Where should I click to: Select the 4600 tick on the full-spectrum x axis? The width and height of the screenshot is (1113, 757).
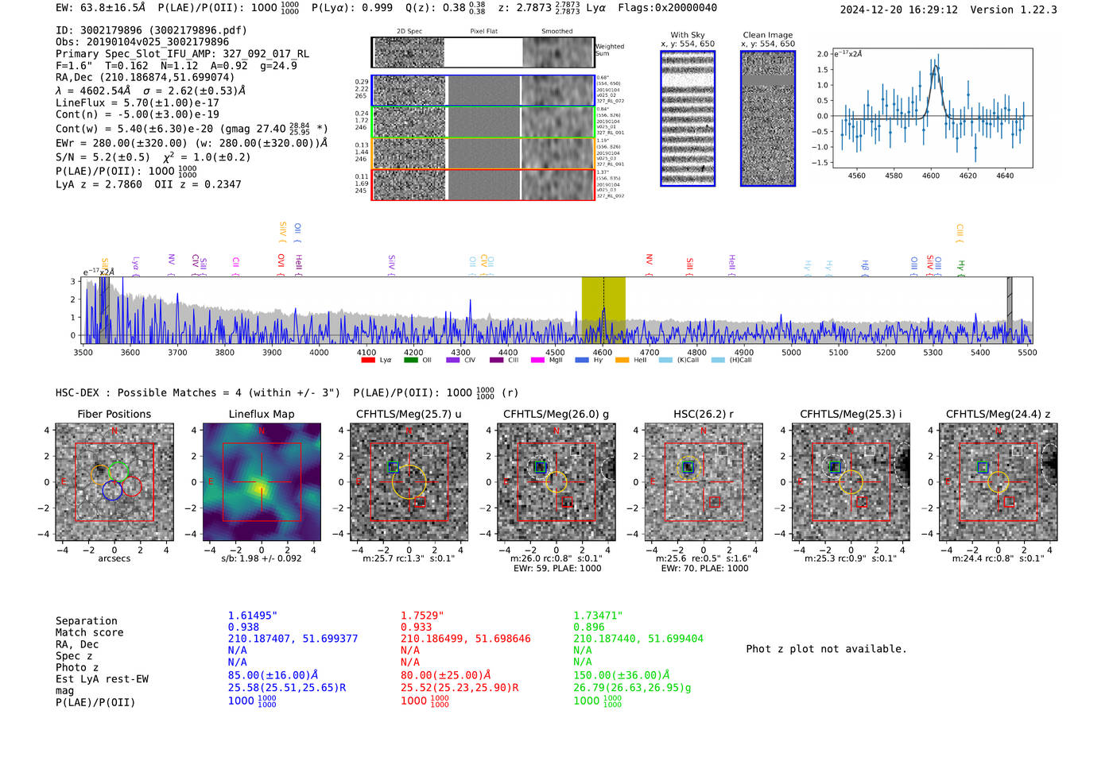[x=603, y=352]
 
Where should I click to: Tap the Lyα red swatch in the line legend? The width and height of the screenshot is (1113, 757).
[x=368, y=360]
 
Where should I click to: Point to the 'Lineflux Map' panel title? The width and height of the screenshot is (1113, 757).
[x=261, y=414]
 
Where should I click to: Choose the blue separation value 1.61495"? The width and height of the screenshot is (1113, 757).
[x=252, y=616]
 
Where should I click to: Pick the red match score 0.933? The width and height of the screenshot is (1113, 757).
[x=416, y=627]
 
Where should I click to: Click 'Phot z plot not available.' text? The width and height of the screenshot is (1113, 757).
[x=826, y=649]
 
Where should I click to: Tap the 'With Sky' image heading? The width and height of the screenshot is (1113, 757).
[x=687, y=35]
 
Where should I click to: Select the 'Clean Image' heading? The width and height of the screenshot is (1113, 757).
[x=767, y=35]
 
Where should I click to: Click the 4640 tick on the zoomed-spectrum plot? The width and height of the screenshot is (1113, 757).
[x=1005, y=176]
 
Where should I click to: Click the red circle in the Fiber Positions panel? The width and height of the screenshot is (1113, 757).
[x=132, y=487]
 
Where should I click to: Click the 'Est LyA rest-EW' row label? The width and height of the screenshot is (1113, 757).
[x=102, y=679]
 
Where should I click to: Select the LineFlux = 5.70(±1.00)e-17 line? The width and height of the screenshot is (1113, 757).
[x=137, y=102]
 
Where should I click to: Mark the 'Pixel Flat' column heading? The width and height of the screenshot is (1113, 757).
[x=483, y=31]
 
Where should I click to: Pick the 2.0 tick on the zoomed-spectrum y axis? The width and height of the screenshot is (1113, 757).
[x=822, y=54]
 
